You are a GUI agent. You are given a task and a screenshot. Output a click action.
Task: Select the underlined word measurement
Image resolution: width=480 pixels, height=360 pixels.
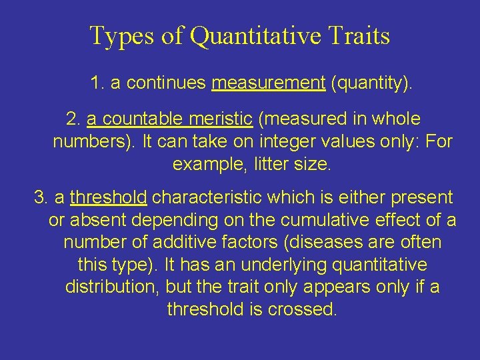tap(268, 83)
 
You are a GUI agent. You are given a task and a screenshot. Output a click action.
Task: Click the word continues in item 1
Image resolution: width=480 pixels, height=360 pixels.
tap(166, 83)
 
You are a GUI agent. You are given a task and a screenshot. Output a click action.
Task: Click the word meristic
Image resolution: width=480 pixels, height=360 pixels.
tap(216, 119)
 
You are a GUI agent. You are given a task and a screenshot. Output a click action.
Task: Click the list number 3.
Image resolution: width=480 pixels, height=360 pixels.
tap(41, 197)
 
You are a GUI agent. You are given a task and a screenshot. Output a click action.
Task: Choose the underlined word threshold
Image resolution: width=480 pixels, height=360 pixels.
tap(108, 197)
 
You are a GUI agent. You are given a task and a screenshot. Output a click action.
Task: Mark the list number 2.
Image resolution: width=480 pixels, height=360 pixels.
tap(73, 119)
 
